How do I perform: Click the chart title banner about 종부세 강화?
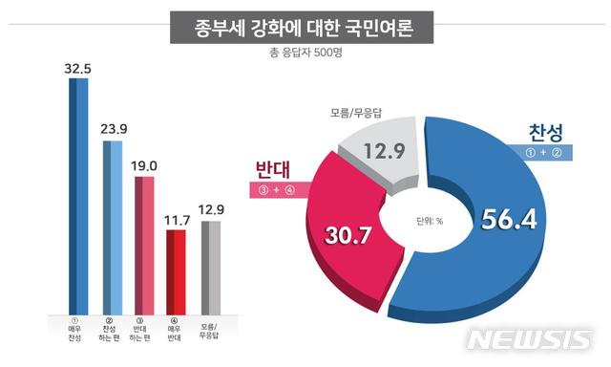pyautogui.click(x=305, y=25)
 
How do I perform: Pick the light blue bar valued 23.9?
pyautogui.click(x=113, y=225)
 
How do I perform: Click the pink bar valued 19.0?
pyautogui.click(x=144, y=243)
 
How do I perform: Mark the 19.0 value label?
pyautogui.click(x=145, y=166)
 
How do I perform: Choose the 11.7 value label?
pyautogui.click(x=178, y=220)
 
